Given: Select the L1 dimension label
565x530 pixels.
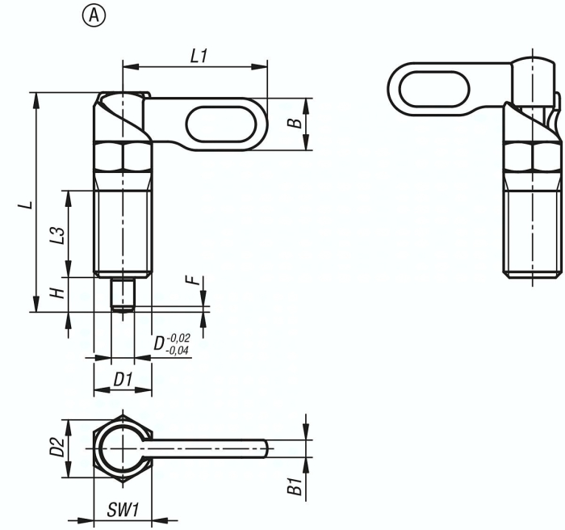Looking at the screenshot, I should tap(199, 56).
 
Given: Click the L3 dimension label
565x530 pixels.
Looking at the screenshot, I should tap(56, 233).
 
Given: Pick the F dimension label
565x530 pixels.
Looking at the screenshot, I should tap(191, 282).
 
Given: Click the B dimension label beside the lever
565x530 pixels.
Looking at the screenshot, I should tap(295, 123).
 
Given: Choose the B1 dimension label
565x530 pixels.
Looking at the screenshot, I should tap(295, 486).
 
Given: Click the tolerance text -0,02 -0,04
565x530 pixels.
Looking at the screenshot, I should tap(177, 344).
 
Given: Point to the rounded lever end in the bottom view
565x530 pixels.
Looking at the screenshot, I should tap(264, 447).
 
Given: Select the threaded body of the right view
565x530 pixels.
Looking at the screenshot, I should tap(533, 234).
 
